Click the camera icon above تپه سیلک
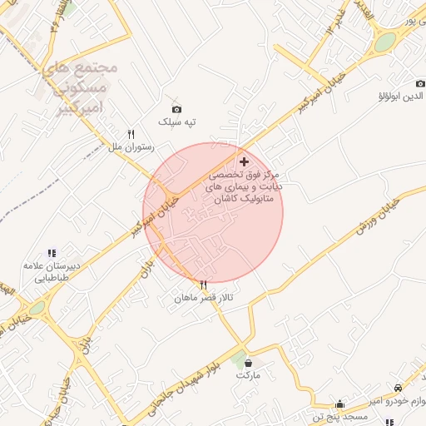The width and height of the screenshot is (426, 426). (x=176, y=109)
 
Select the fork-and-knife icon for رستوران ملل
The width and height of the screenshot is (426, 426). (x=131, y=134)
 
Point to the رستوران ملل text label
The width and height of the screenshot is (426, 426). (x=127, y=147)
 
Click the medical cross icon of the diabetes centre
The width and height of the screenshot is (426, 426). (x=243, y=161)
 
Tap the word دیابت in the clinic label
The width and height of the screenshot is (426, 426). (x=269, y=187)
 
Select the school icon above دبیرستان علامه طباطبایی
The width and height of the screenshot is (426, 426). (x=52, y=253)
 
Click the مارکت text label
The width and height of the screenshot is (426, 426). (x=248, y=375)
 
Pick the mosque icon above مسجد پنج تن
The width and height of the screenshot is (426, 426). (x=339, y=404)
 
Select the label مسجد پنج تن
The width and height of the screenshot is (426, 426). (x=336, y=416)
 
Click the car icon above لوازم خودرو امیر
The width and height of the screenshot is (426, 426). (x=398, y=389)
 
